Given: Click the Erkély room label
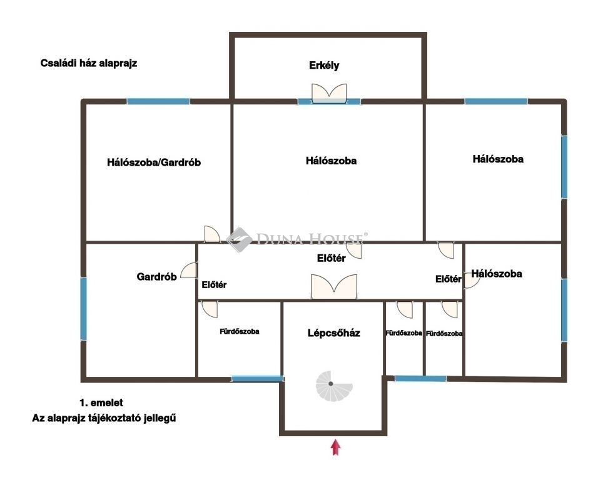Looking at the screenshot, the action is tap(324, 66).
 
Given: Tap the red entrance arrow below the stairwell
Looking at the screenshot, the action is tap(335, 447).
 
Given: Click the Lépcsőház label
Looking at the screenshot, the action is tap(333, 333).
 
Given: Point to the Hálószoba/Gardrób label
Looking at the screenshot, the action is tap(153, 162).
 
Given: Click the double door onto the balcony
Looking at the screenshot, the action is tap(329, 93).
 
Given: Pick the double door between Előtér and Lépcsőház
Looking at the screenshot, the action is tap(334, 287).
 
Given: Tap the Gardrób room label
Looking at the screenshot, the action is tap(156, 277).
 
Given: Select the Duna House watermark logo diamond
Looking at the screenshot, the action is tap(239, 239).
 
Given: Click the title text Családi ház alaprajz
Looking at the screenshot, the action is tap(88, 63).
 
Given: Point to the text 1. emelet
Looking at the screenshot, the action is tap(101, 402).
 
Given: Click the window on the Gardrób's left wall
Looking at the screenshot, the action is tap(84, 309).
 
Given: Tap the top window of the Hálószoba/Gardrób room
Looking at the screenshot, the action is tap(158, 101).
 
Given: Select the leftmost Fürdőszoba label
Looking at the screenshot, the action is tap(240, 331).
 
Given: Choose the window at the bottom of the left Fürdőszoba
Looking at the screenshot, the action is tap(257, 378).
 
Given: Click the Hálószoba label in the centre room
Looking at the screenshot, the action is tap(331, 161).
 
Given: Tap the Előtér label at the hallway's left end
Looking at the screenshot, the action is tap(214, 284).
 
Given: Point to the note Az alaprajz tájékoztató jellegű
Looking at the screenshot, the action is tap(104, 418).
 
